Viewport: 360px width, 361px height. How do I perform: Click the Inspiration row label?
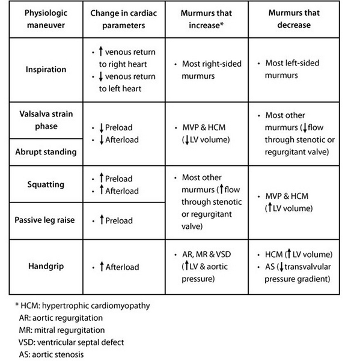click(46, 69)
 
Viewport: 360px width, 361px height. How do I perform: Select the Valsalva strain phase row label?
click(46, 120)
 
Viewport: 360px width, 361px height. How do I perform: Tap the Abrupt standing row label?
click(46, 152)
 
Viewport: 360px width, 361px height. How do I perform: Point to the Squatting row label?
click(46, 184)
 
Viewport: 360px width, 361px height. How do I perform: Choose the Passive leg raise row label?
click(44, 220)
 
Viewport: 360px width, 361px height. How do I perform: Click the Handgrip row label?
click(46, 266)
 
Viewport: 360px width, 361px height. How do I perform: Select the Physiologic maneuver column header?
click(46, 19)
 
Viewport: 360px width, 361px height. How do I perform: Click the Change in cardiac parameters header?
click(124, 19)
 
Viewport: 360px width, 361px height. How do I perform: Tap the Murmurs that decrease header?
click(294, 19)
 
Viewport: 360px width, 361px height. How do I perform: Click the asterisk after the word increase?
click(222, 23)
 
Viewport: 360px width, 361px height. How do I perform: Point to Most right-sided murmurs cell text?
click(212, 70)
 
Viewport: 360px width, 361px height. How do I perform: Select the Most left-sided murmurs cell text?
click(292, 69)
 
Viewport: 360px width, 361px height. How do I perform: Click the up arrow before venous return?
click(100, 51)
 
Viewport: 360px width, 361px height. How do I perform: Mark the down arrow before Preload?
click(102, 128)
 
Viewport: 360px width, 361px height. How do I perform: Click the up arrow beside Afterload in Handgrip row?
click(102, 266)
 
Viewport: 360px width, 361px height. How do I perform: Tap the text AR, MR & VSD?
click(206, 254)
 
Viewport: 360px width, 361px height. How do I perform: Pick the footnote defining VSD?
click(71, 342)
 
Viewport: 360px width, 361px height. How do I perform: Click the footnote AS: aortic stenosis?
click(51, 354)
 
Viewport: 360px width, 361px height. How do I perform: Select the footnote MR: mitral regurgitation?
click(62, 330)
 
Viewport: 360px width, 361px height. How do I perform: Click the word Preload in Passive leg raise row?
click(119, 220)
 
